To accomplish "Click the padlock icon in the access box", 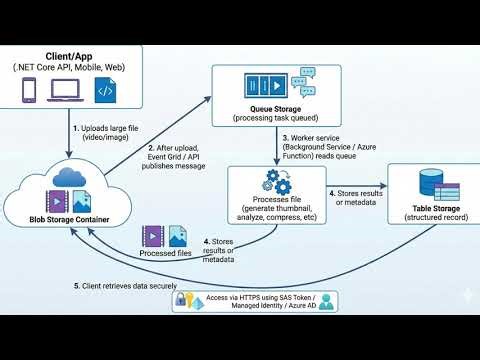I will pos(184,300).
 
